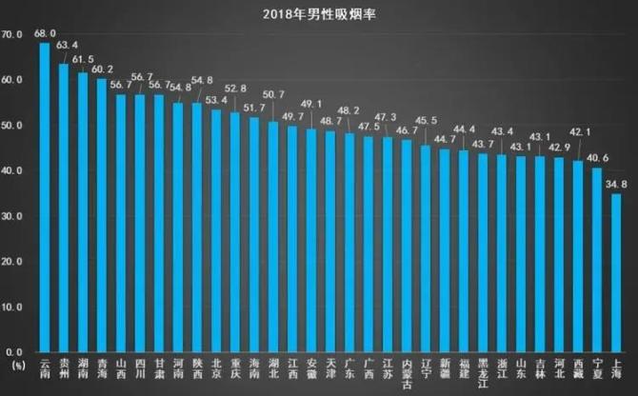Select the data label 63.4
click(69, 44)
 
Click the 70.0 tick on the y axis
click(13, 35)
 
